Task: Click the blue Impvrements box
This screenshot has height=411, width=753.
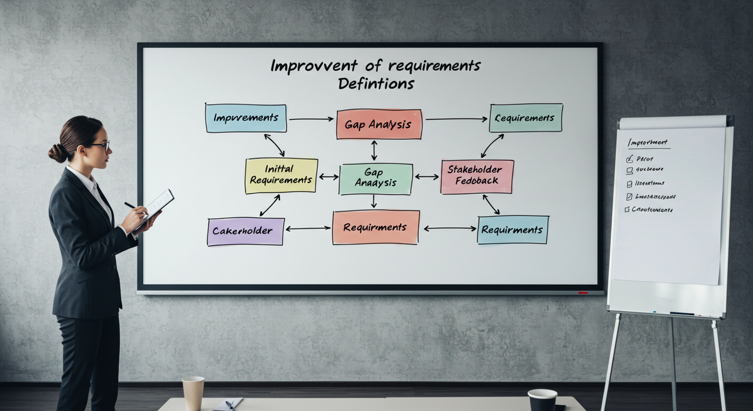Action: point(246,118)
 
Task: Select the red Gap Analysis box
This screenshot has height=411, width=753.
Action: point(379,125)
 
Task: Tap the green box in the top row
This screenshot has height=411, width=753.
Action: point(526,118)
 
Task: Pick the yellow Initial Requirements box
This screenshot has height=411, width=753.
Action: point(281,175)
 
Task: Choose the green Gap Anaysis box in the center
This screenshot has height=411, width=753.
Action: point(375,179)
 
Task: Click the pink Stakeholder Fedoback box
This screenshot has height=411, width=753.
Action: point(477,176)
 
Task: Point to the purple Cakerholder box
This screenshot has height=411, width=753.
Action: point(245,231)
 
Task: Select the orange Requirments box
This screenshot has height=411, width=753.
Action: point(375,228)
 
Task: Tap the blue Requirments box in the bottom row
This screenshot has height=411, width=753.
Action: point(512,230)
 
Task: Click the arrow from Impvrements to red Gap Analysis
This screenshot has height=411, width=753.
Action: point(311,119)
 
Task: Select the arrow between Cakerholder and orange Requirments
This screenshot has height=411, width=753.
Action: point(308,228)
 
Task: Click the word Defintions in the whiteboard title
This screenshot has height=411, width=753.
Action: point(376,84)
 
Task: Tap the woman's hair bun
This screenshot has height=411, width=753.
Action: point(58,153)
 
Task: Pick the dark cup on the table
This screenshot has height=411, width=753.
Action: point(542,401)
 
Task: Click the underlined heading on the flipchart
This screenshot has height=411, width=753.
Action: point(648,142)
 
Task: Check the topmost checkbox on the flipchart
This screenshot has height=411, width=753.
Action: point(630,159)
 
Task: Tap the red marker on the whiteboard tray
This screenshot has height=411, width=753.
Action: point(583,293)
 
